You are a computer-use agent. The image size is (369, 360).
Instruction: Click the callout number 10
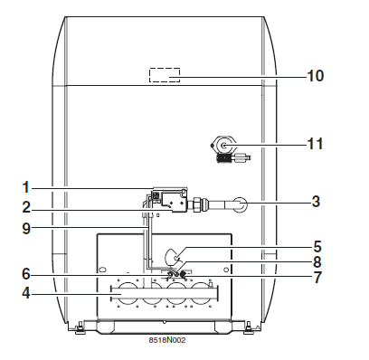(316, 76)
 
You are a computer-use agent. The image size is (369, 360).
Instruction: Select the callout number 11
(315, 144)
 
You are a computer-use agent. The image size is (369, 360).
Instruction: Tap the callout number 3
(316, 202)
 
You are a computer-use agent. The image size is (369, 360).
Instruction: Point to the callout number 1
(26, 187)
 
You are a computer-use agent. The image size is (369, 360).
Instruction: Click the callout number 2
(26, 207)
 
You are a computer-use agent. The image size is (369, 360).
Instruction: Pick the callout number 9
(26, 229)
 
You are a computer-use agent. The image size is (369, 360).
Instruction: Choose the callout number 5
(317, 247)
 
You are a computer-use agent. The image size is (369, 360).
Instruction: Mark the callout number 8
(317, 262)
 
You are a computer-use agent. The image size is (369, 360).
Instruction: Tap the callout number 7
(317, 278)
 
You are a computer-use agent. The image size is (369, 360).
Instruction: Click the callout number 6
(26, 274)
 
